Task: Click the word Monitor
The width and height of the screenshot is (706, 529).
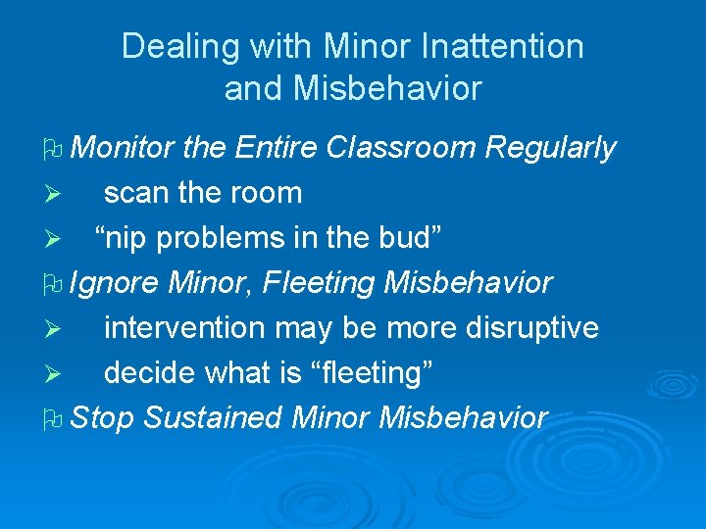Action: (123, 148)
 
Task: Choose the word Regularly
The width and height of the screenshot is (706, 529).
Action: (551, 148)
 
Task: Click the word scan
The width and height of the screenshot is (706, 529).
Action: (136, 193)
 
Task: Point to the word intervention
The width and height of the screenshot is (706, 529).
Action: (184, 328)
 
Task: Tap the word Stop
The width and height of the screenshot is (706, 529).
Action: (103, 418)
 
